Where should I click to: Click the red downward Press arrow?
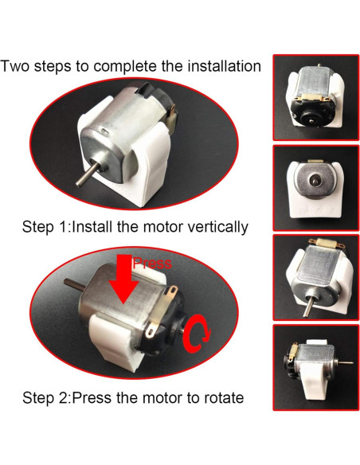pos(123,280)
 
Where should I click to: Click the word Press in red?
pos(151,264)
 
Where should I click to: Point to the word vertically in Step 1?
pos(211,227)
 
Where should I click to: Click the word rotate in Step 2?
pos(221,397)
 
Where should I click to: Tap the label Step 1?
pos(45,227)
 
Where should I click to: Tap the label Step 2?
pos(45,397)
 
